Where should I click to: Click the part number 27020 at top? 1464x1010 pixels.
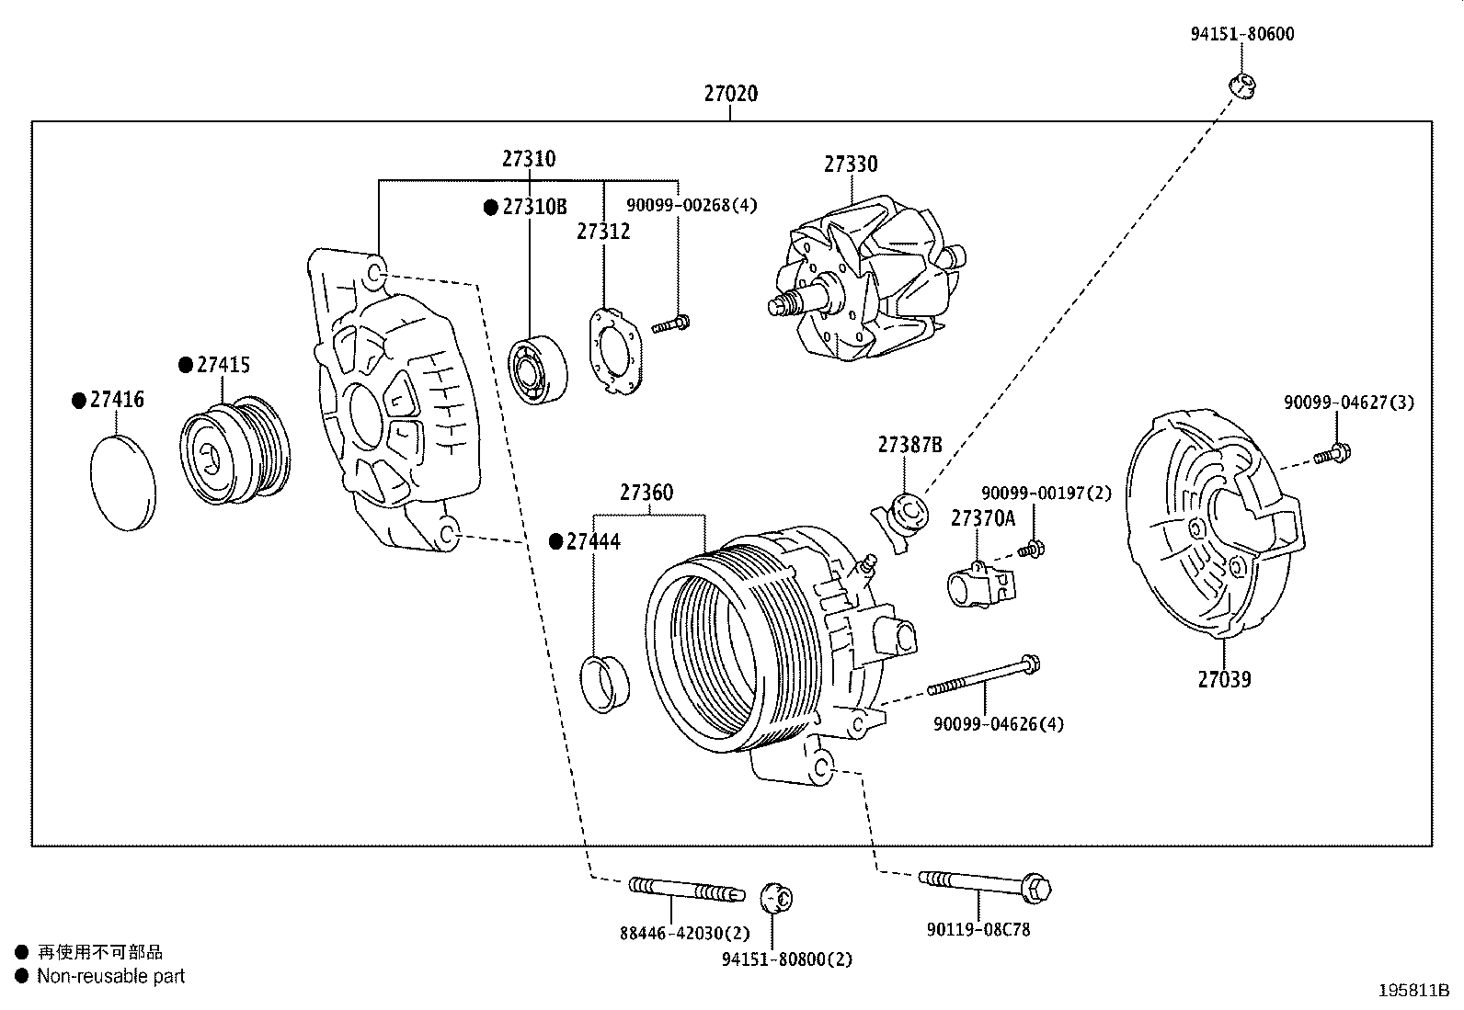point(731,93)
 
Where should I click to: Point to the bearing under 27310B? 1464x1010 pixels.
point(538,369)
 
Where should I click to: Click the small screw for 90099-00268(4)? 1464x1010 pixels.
point(671,323)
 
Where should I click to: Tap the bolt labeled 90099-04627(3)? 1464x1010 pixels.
point(1333,452)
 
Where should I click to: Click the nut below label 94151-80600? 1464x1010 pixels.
point(1242,85)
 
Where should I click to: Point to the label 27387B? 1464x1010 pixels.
point(909,445)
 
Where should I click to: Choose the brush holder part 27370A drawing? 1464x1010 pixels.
point(978,584)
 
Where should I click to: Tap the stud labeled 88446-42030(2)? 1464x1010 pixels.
point(685,890)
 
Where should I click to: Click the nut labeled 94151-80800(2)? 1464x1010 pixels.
point(777,897)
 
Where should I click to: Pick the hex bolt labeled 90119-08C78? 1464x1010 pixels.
point(984,884)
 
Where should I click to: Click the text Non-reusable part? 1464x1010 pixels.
point(110,977)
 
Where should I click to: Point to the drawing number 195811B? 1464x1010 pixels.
point(1413,991)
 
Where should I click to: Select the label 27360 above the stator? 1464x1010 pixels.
point(646,493)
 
